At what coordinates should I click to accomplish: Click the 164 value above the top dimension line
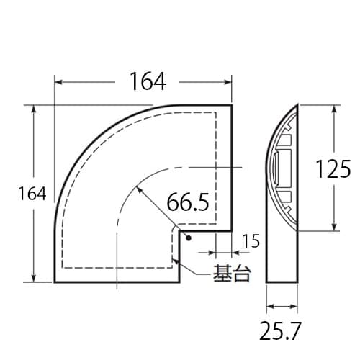[148, 81]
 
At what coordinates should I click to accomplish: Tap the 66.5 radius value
[187, 203]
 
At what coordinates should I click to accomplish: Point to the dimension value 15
[251, 242]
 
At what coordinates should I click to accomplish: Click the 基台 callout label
[230, 274]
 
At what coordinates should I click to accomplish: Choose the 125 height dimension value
[333, 168]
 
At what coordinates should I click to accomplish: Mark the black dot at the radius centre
[186, 238]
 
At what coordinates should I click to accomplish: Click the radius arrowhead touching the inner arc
[138, 189]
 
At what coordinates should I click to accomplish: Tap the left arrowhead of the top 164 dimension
[58, 81]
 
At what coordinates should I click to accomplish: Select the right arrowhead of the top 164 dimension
[228, 81]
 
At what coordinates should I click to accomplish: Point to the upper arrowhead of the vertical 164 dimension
[34, 109]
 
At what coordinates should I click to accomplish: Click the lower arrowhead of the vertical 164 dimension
[34, 279]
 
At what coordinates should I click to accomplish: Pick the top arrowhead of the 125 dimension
[336, 109]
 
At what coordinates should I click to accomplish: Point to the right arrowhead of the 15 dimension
[228, 253]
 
